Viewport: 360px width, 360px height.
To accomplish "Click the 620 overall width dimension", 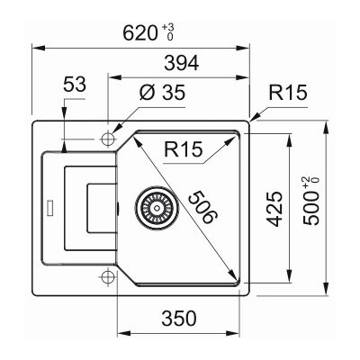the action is (140, 32).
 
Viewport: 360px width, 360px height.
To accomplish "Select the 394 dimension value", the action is (182, 63).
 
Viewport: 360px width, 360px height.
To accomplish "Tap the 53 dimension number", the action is (75, 85).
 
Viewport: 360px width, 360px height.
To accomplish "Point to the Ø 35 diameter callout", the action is (162, 93).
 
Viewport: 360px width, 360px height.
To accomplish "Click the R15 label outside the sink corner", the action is (288, 93).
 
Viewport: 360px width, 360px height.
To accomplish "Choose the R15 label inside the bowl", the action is (184, 149).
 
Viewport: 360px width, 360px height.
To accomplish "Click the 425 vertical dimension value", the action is (274, 209).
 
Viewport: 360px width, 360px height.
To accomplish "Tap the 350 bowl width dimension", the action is (179, 319).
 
